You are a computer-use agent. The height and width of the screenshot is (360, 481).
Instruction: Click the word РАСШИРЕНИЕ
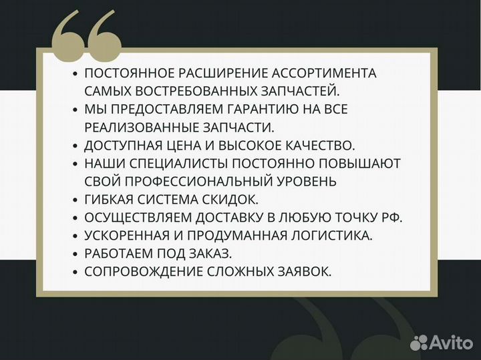coord(211,73)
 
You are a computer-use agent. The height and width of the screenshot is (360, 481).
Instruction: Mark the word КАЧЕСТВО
coord(322,145)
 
